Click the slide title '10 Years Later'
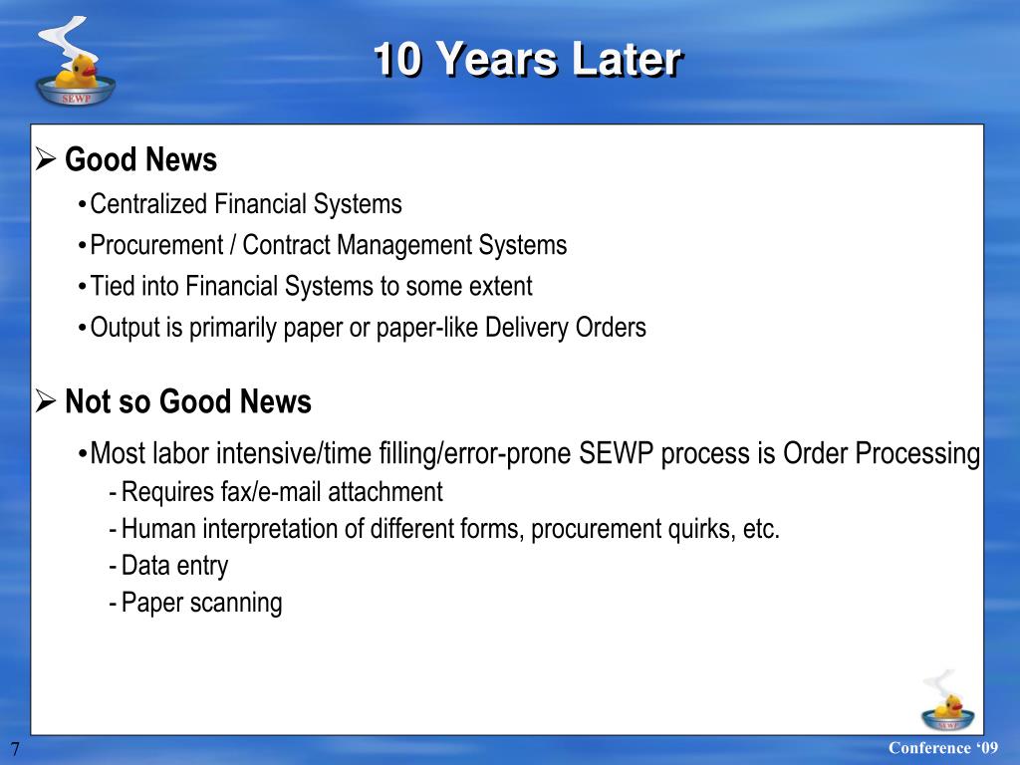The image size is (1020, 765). [x=528, y=59]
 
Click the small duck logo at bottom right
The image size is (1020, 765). [x=947, y=701]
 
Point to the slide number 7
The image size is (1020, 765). [x=15, y=749]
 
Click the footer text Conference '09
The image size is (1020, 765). [x=942, y=747]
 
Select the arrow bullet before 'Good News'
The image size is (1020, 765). [x=46, y=158]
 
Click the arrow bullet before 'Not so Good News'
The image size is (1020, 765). [x=46, y=400]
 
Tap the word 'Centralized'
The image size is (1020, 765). [x=148, y=203]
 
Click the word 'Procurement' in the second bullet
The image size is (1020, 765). [x=156, y=245]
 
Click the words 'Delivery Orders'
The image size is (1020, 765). [x=566, y=327]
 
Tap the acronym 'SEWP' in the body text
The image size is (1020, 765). [x=616, y=453]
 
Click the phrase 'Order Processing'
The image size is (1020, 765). [x=882, y=453]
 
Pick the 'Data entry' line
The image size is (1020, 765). [x=174, y=566]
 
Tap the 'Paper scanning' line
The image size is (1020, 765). [x=201, y=603]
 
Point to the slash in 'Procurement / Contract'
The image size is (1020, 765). [x=232, y=245]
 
